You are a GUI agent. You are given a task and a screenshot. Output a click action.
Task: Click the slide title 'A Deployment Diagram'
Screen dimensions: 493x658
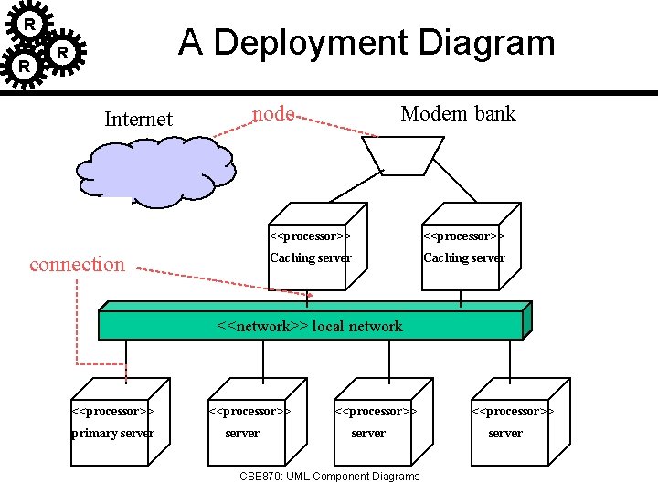366,43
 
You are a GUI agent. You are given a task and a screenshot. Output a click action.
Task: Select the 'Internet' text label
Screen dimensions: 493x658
138,119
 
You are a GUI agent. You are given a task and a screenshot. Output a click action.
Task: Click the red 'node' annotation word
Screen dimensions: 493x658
272,113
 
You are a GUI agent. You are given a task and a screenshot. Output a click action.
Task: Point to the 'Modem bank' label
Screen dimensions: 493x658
458,114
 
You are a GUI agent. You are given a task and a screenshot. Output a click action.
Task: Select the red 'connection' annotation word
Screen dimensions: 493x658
77,265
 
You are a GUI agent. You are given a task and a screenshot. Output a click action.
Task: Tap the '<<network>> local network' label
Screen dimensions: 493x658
310,326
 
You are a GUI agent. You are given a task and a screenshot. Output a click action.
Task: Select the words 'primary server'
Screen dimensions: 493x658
113,434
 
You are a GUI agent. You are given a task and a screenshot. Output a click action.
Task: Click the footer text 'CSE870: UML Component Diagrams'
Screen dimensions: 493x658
329,477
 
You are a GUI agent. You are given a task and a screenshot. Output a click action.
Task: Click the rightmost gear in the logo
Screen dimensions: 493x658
62,53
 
